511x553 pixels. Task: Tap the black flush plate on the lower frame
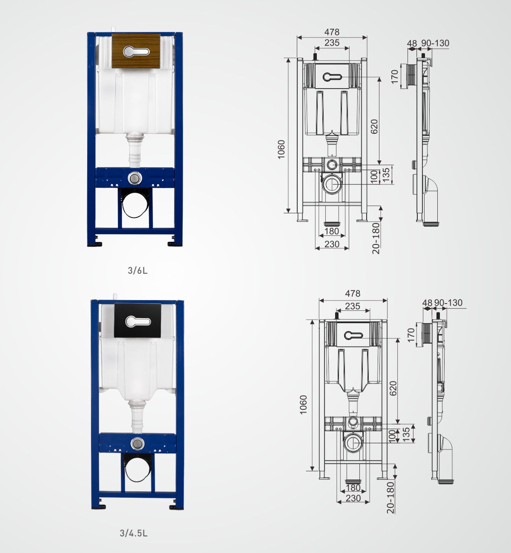(x=138, y=320)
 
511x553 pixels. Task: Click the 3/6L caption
(x=138, y=270)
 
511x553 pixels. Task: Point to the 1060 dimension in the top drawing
(x=281, y=149)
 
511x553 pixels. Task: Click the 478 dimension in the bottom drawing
(x=353, y=293)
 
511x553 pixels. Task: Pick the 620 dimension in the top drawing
(x=374, y=126)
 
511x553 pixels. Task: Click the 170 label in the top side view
(x=394, y=77)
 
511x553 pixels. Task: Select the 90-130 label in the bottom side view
(x=448, y=303)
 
